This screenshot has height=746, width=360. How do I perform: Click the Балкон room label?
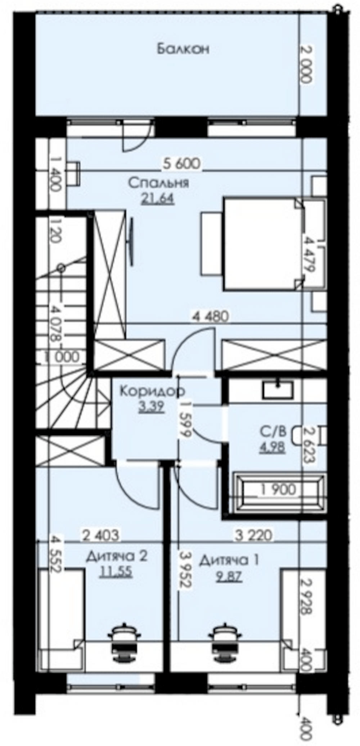tap(183, 49)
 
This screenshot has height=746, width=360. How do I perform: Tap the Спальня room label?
tap(159, 183)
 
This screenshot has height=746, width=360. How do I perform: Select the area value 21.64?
tap(158, 199)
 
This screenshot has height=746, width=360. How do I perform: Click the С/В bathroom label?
tap(273, 431)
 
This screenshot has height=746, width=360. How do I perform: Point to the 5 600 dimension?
tap(181, 164)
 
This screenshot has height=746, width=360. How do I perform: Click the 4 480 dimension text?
tap(211, 316)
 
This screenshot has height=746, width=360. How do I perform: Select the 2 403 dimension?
tap(101, 535)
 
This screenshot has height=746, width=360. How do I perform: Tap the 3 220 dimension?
tap(253, 535)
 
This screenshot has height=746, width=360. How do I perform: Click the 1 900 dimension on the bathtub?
tap(279, 489)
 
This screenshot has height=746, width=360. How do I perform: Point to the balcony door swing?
tap(136, 137)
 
